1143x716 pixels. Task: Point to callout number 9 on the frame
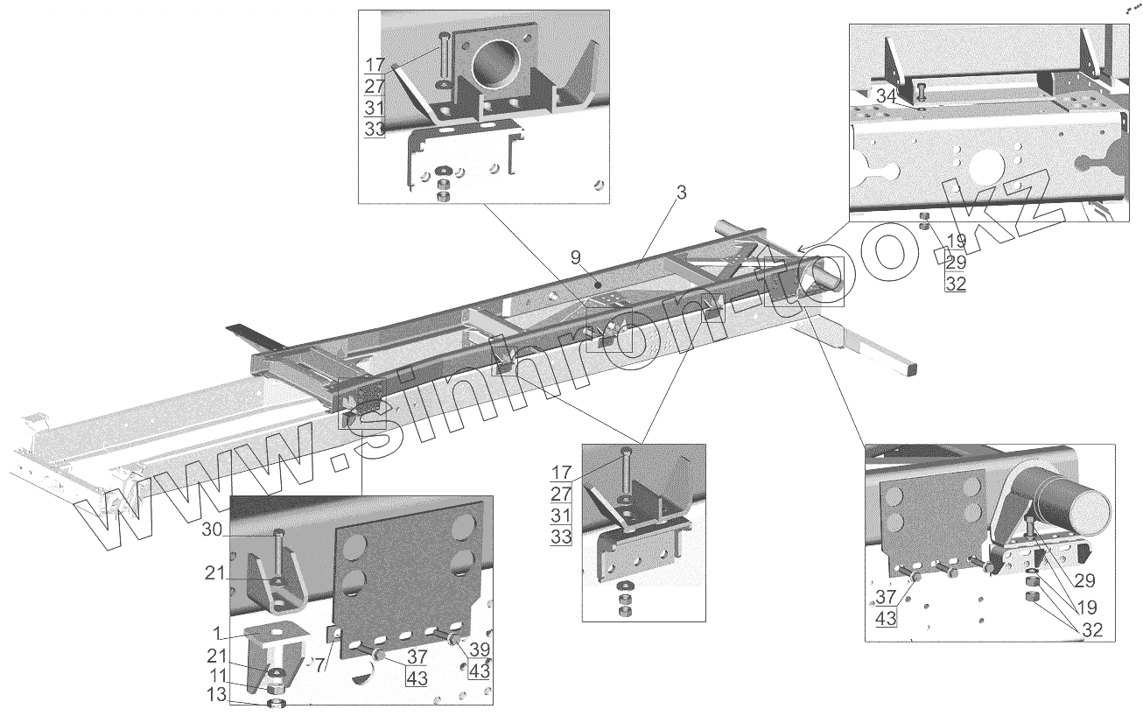pos(575,258)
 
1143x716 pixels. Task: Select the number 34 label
pos(886,97)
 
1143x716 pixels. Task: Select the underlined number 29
pos(955,262)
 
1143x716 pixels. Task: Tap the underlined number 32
pos(955,284)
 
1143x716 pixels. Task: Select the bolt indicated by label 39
pos(454,641)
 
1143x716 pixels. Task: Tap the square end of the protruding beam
pos(910,370)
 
